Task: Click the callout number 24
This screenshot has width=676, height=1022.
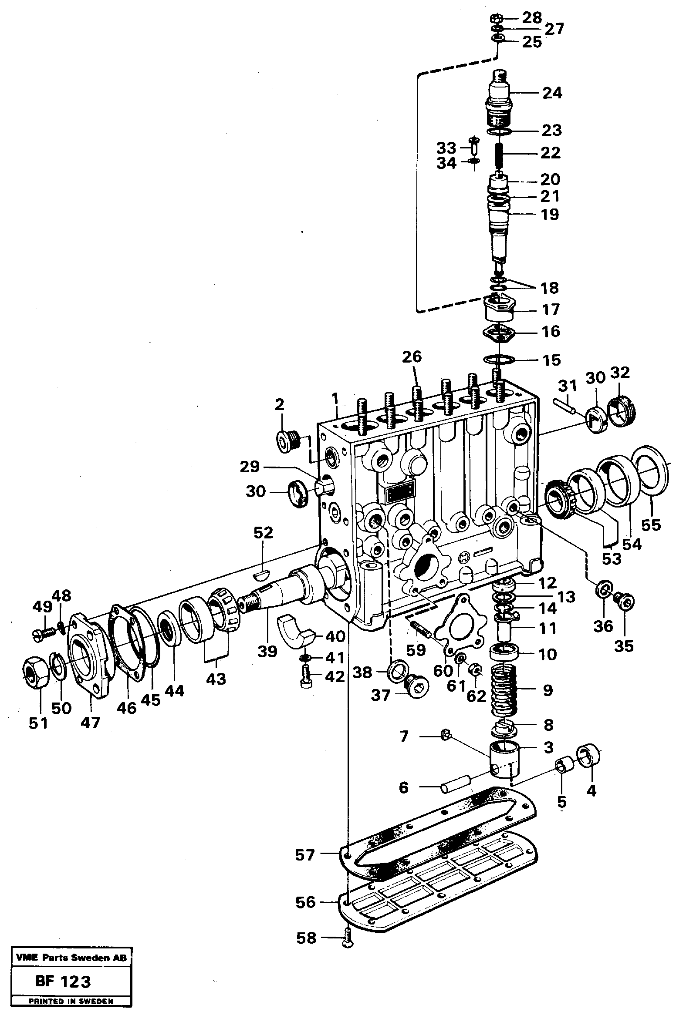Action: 551,93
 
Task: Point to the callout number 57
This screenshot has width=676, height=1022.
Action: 304,855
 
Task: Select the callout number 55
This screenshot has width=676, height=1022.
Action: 651,524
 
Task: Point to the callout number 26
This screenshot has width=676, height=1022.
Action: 412,357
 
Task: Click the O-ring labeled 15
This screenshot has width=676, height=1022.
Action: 499,360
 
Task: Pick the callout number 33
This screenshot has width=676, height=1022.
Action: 446,148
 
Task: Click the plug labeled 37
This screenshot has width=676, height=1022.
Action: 416,687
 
